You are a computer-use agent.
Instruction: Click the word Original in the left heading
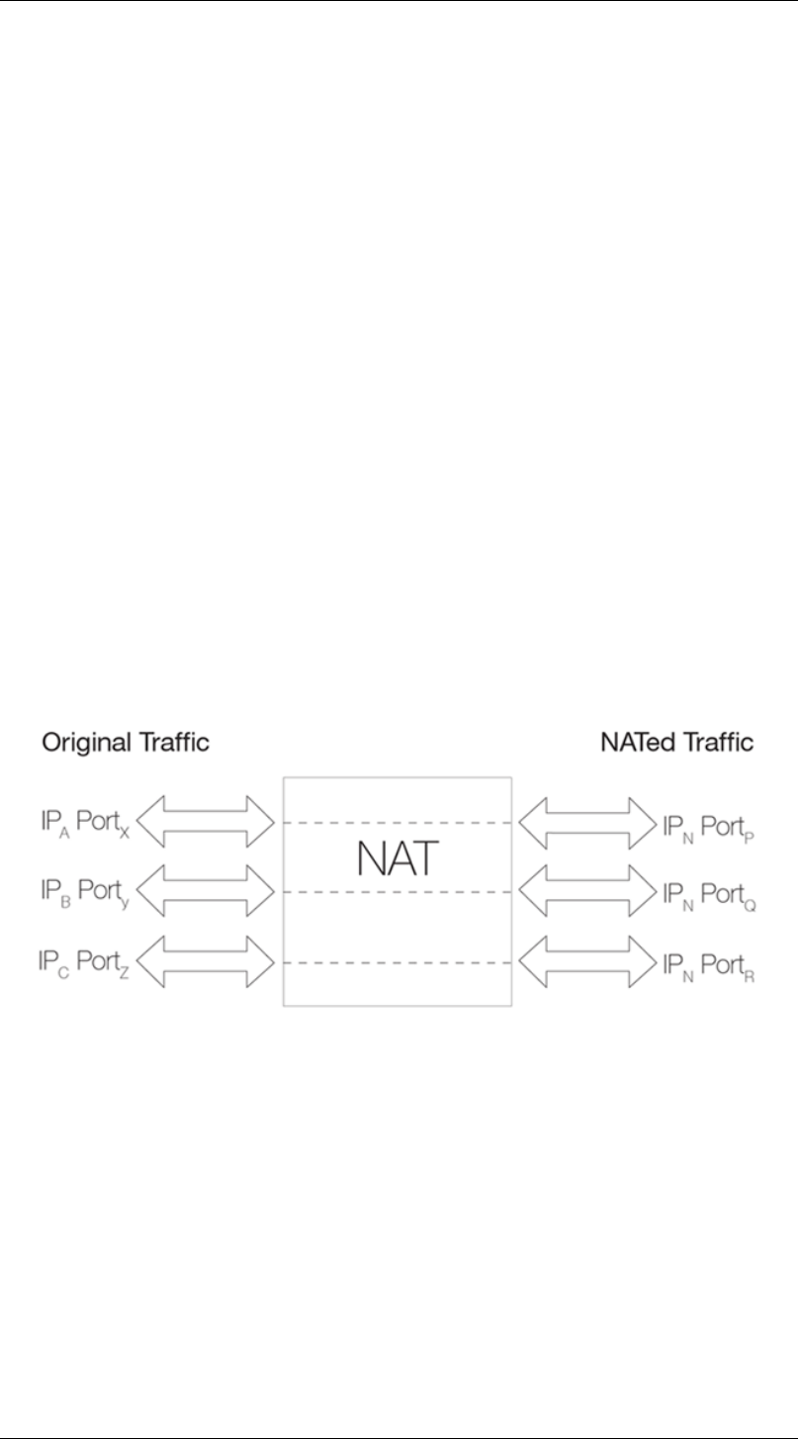84,743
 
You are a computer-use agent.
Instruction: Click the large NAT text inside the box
397,858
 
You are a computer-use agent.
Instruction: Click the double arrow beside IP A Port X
205,823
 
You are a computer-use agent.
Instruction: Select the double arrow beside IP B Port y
205,892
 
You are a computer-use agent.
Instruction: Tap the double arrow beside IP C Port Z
205,961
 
